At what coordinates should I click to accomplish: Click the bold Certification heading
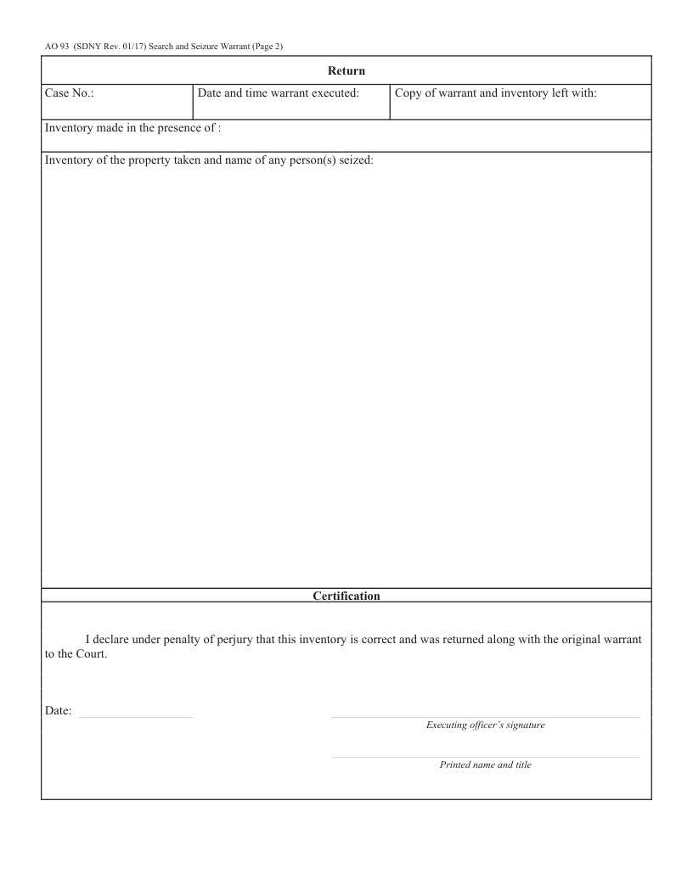(346, 596)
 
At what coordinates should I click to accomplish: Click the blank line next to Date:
(136, 718)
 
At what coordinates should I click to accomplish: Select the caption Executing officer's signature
(485, 725)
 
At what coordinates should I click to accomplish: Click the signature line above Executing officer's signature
(485, 717)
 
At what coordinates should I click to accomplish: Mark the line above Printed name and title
(485, 757)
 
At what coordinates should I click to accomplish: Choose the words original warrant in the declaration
(604, 638)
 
